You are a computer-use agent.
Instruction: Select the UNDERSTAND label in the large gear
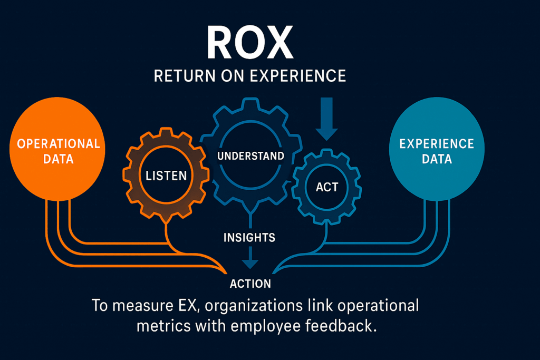250,156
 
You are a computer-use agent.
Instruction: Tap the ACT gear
327,187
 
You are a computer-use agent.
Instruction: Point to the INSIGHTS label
249,238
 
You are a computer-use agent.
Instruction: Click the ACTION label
250,284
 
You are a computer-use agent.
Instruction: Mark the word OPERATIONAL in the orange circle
59,143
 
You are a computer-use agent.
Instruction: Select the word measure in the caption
136,306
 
